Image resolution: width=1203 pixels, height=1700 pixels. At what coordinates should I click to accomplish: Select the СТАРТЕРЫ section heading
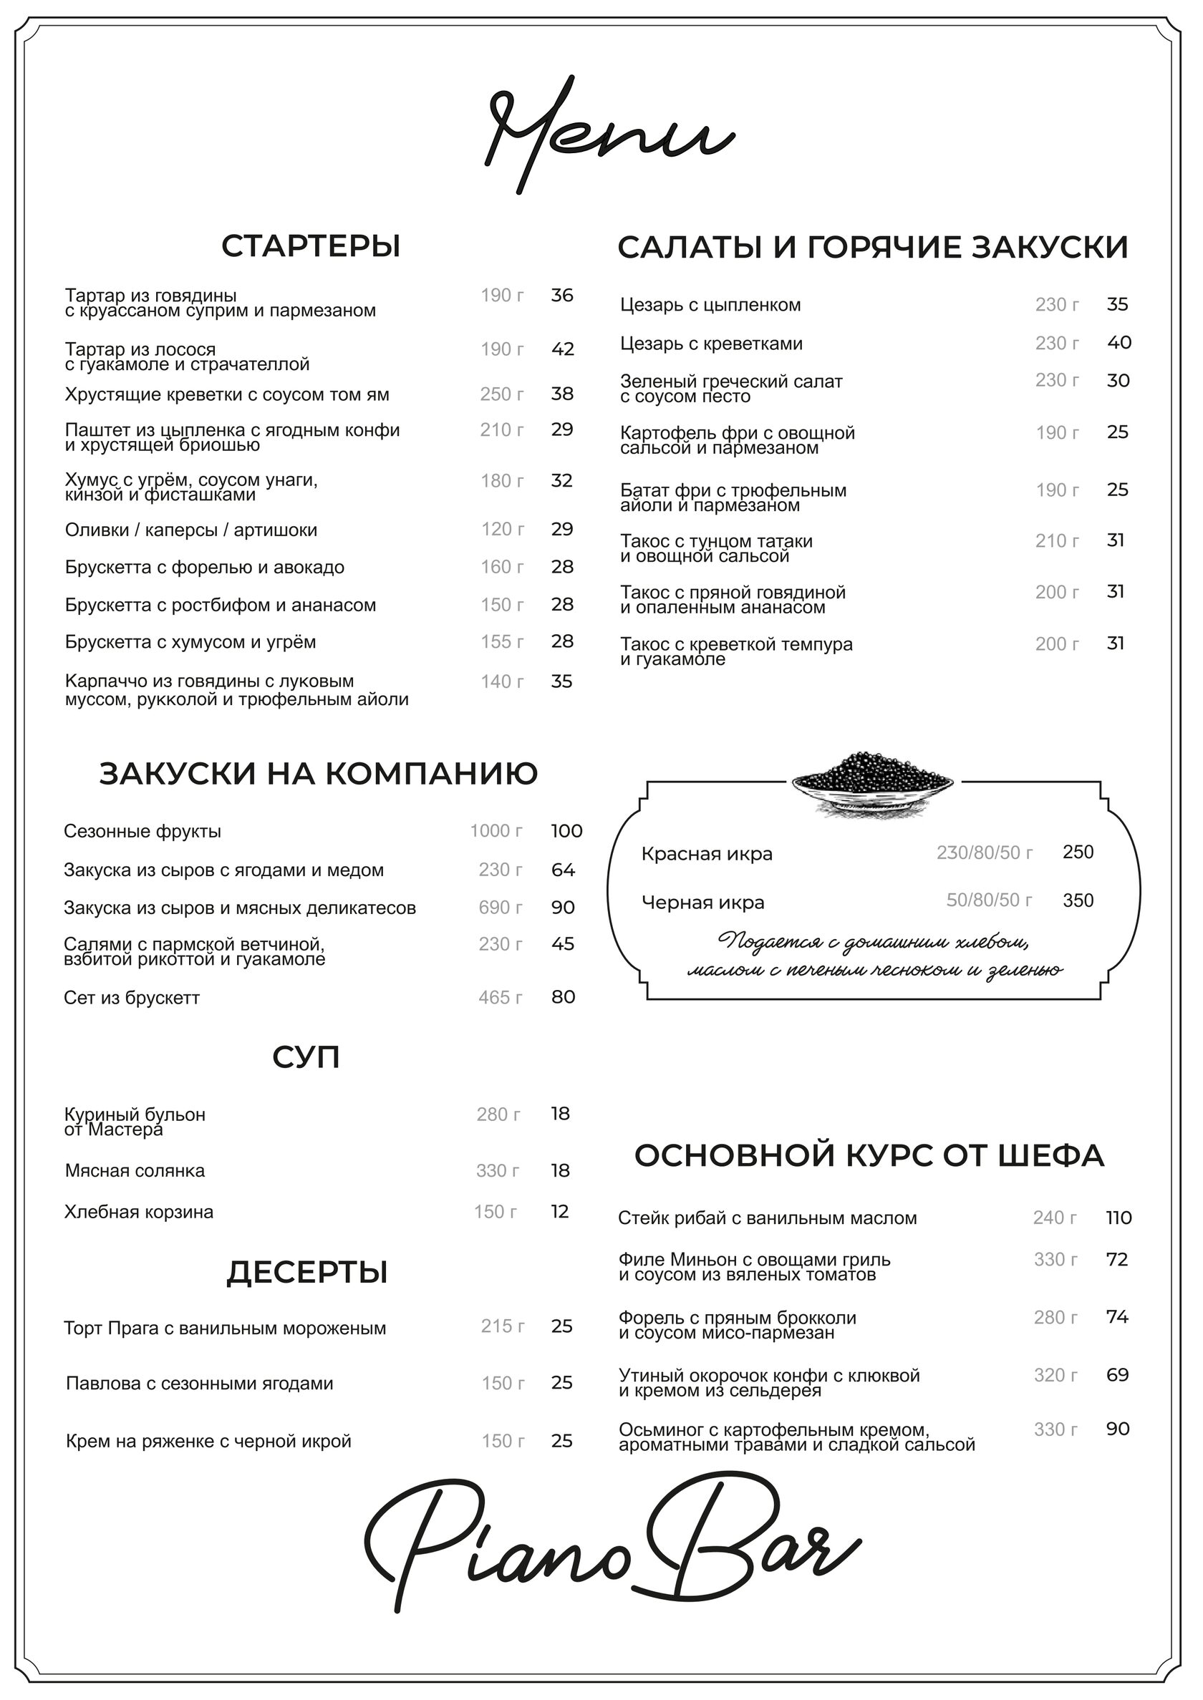pos(310,246)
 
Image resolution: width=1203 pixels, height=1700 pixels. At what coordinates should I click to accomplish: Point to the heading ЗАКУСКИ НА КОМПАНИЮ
pos(319,774)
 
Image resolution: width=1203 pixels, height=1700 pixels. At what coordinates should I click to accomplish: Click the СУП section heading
pos(306,1057)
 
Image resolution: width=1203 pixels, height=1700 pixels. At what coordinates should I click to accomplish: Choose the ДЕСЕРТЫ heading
pos(306,1272)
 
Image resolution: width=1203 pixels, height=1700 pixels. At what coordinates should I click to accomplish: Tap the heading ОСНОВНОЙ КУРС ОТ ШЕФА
pos(869,1156)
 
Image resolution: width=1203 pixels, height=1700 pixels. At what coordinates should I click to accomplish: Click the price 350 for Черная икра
pos(1078,900)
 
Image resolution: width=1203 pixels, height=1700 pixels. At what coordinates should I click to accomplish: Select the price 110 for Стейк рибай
pos(1119,1218)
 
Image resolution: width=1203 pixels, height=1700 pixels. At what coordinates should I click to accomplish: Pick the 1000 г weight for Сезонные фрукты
pos(496,831)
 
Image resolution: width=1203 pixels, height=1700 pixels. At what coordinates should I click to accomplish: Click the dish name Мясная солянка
pos(135,1170)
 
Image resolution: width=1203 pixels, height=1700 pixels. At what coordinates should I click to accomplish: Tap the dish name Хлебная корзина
pos(138,1212)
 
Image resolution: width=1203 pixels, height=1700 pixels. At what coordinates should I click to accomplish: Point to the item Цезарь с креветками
pos(711,344)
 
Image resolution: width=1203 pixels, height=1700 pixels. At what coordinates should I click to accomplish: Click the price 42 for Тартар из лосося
pos(562,349)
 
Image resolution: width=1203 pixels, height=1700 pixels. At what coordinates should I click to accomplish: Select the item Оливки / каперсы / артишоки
pos(191,530)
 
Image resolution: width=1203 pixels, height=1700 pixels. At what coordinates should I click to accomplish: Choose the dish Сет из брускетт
pos(132,997)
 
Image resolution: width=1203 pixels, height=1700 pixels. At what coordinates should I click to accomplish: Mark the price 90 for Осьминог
pos(1118,1428)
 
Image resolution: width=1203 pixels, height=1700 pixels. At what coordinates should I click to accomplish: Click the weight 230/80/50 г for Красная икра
pos(985,853)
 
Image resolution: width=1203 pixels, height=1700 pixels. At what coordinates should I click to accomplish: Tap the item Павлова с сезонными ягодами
pos(199,1383)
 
